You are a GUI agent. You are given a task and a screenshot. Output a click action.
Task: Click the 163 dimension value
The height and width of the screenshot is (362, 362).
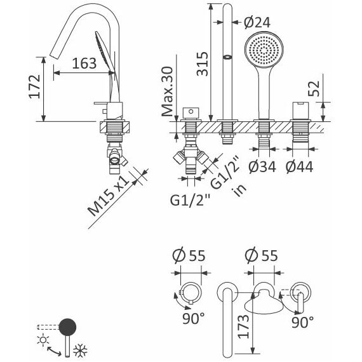pos(84,64)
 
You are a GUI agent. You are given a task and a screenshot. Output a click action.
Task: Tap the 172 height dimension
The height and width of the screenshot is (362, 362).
pos(35,86)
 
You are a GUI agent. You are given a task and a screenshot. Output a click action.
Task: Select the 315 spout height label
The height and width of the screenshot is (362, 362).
pos(203,64)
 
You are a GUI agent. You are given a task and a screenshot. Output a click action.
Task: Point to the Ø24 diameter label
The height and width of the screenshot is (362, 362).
pos(257,23)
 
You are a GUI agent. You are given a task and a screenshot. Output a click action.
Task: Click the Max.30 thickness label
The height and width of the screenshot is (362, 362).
pos(167,91)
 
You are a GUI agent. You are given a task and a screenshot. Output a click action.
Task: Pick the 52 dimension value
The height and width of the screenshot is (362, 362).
pos(314,89)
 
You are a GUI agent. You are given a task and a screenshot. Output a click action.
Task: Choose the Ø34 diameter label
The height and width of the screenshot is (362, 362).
pos(262,166)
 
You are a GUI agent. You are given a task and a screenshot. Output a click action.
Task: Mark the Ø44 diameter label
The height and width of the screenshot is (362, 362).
pos(299,166)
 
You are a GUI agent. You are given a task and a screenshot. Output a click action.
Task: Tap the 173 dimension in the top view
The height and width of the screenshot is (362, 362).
pos(244,326)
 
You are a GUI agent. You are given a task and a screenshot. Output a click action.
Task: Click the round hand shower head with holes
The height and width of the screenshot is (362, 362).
pos(264,50)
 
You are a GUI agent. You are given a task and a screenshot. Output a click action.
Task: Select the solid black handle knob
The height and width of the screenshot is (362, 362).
pos(67,327)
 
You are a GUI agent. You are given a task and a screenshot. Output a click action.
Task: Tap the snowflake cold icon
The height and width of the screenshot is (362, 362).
pos(81,351)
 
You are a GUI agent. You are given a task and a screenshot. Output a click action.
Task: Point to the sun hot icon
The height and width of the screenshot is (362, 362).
pos(43,340)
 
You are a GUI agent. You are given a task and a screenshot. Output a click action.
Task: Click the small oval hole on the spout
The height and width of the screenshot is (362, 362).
pos(227,57)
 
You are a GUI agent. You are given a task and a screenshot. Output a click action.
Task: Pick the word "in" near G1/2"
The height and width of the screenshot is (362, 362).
pos(240,189)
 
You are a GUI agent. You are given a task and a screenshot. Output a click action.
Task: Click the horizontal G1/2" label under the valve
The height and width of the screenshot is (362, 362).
pos(191,200)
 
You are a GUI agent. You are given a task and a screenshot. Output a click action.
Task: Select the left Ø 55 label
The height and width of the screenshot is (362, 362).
pos(189,255)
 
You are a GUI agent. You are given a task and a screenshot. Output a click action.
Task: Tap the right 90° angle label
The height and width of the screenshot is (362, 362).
pos(302,323)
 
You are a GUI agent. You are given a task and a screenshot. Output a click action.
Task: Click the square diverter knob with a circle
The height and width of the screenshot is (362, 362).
pos(191,113)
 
